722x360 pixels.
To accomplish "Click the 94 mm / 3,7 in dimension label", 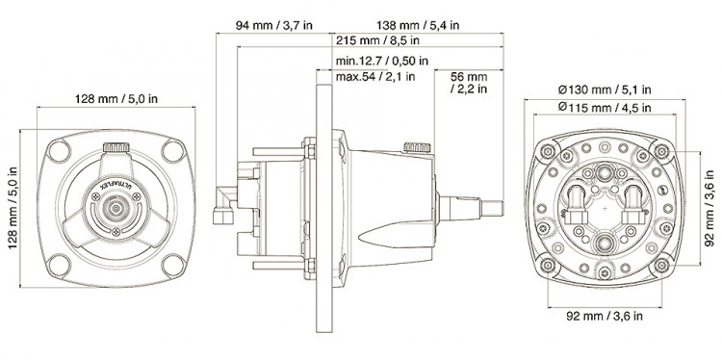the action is (x=274, y=25).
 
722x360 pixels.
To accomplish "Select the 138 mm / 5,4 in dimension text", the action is (x=418, y=25).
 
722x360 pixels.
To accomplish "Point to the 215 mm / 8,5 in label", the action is (x=377, y=40).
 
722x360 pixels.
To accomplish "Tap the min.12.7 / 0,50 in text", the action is (x=382, y=61).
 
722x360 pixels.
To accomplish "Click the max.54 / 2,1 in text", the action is (x=375, y=76).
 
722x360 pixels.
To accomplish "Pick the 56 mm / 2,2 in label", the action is (x=468, y=83).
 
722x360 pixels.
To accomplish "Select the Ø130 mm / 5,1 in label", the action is (x=605, y=90).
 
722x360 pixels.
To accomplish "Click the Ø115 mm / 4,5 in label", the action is (x=605, y=108).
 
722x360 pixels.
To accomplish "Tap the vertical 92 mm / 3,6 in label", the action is (x=709, y=208).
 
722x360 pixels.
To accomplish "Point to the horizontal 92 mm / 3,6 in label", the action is (x=605, y=316).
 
